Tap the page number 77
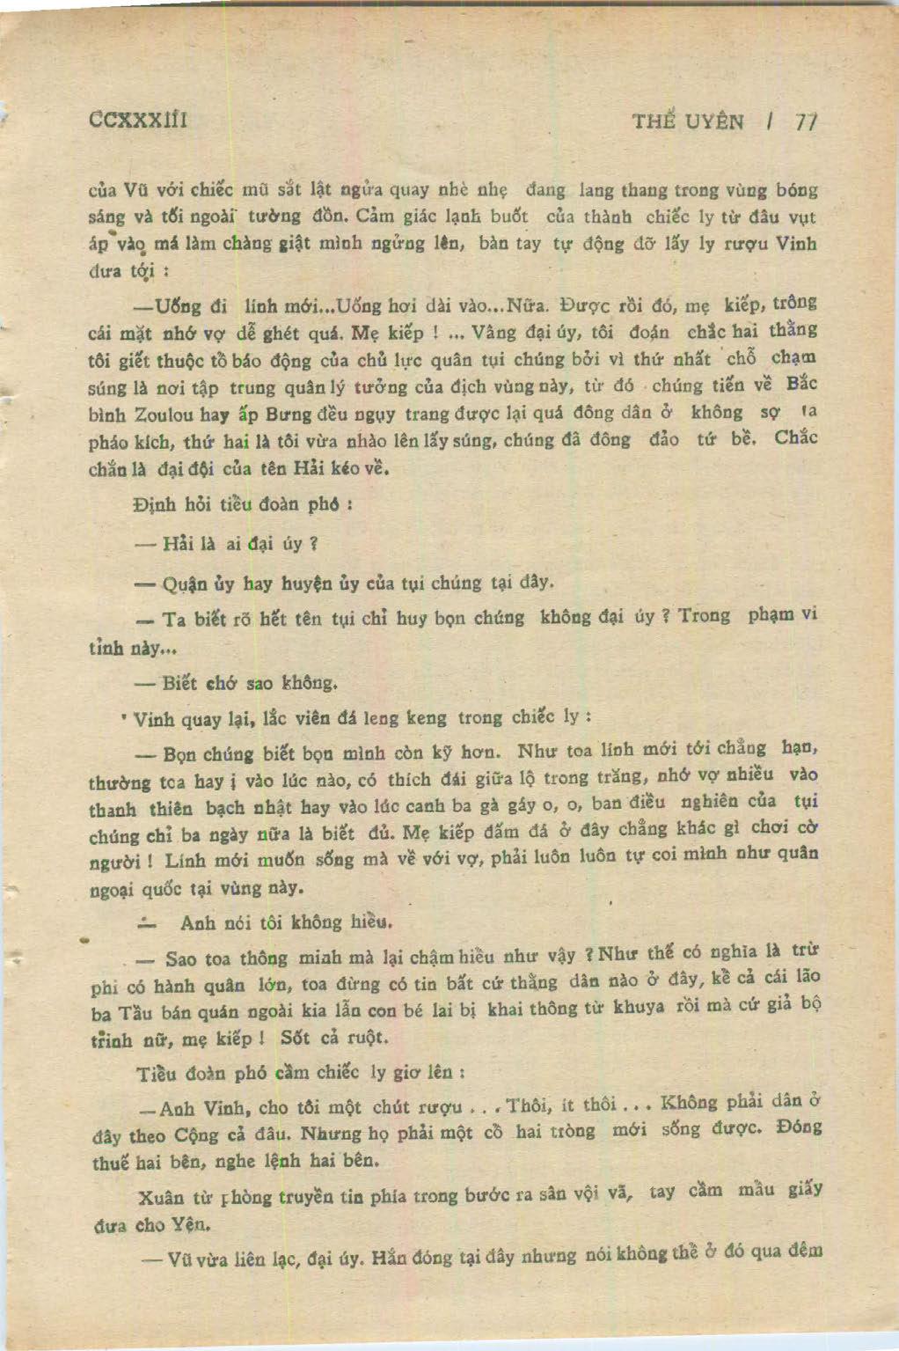coord(806,122)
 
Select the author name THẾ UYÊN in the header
coord(688,121)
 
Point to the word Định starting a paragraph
coord(154,505)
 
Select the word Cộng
coord(197,1135)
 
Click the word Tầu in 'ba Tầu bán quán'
coord(134,1012)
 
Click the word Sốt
coord(296,1037)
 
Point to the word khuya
coord(638,1008)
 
